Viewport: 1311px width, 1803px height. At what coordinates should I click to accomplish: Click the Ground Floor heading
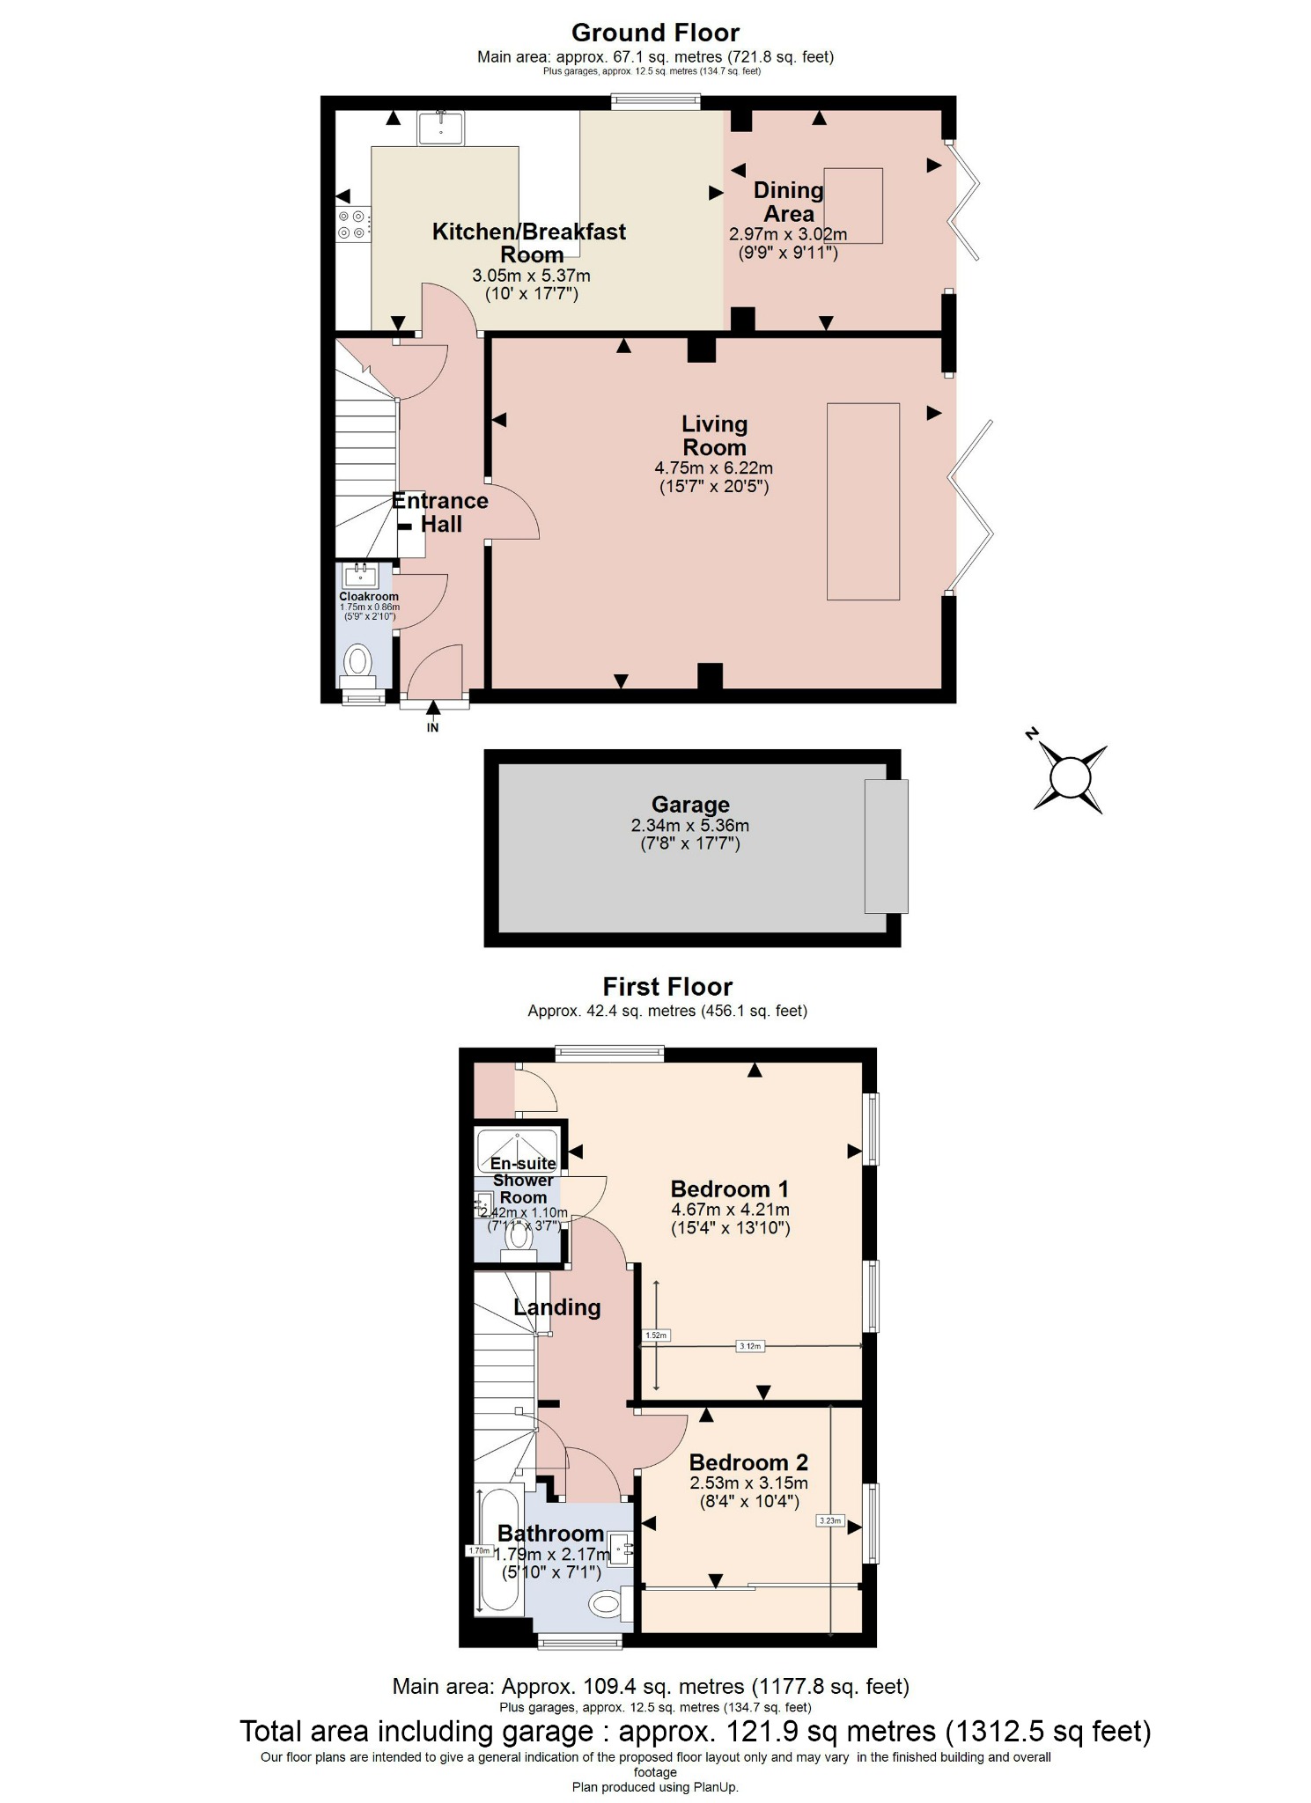655,33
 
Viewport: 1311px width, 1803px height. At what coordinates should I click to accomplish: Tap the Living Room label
714,436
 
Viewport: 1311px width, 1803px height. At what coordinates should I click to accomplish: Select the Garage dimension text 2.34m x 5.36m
689,826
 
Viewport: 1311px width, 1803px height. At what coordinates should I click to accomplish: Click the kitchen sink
440,128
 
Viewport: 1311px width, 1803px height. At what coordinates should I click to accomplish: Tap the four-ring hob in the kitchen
352,224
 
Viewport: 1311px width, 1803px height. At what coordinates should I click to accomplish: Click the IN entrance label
432,727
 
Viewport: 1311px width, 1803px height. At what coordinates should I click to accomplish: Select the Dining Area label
788,202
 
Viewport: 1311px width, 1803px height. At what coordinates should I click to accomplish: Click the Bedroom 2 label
748,1462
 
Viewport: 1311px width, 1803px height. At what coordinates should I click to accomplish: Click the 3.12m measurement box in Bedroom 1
749,1345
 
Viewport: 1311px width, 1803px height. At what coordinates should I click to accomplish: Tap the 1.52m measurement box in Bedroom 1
657,1336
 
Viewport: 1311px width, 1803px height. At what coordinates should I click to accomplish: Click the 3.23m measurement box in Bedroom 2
830,1520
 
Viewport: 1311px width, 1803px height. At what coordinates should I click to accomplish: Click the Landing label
556,1307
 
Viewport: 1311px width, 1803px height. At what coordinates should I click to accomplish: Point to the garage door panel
886,846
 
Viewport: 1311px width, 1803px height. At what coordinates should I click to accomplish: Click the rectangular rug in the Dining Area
852,205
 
